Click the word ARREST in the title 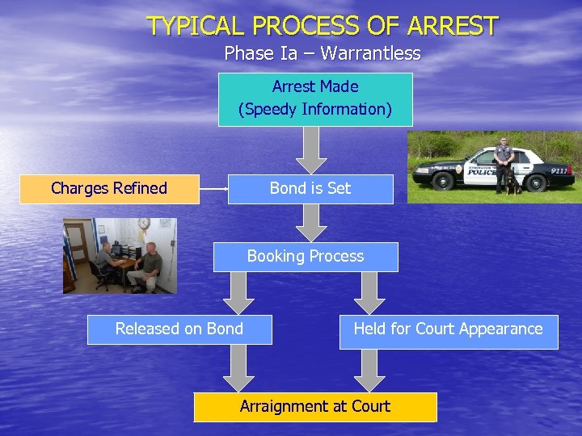[x=453, y=26]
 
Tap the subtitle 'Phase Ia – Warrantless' [x=323, y=54]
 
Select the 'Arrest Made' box [x=315, y=99]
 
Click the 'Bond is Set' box [x=310, y=189]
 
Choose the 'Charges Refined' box [x=109, y=189]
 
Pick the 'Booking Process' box [x=306, y=257]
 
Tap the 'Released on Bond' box [x=179, y=329]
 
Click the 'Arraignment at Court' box [x=315, y=407]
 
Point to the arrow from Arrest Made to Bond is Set [x=311, y=149]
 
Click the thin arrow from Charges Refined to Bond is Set [x=213, y=189]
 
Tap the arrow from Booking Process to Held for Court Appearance [x=371, y=292]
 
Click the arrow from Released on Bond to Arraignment [x=238, y=367]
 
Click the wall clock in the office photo [x=143, y=224]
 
